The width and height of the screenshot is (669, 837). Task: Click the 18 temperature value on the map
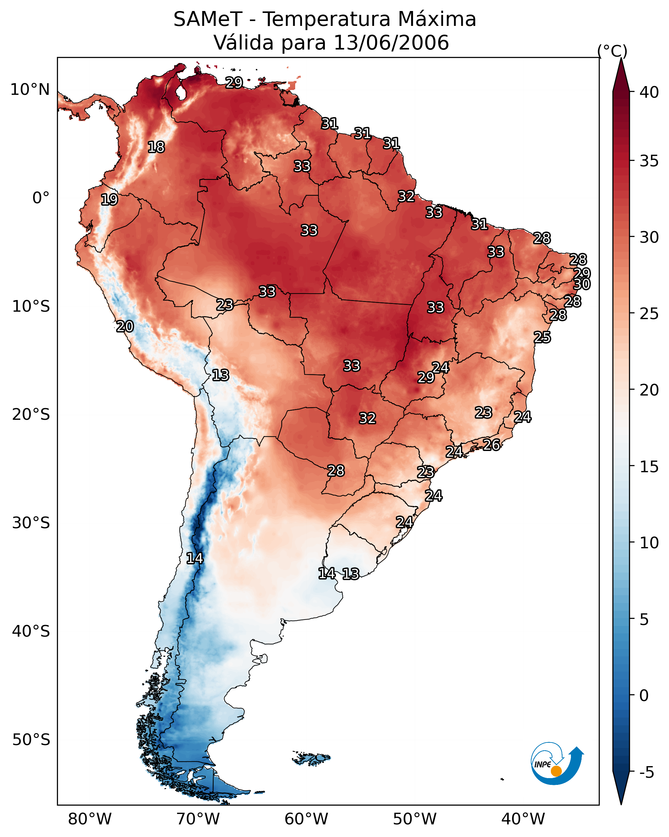coord(156,147)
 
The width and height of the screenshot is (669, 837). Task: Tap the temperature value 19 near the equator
coord(109,200)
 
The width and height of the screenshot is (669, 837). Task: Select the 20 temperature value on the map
coord(125,327)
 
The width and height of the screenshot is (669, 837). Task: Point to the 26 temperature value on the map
coord(492,445)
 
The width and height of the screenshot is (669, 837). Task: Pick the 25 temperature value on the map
coord(542,337)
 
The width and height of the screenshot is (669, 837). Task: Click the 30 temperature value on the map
coord(582,284)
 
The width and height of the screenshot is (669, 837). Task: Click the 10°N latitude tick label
coord(30,90)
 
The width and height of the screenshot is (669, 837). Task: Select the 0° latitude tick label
coord(41,198)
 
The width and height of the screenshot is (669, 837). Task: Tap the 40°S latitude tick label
coord(31,631)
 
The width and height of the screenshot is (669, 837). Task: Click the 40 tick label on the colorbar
coord(649,92)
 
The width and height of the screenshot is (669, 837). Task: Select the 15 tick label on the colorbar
coord(649,467)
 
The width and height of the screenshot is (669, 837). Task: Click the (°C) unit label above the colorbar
coord(612,51)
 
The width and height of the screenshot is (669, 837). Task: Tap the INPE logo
coord(556,764)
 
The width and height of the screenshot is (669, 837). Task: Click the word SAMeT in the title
coord(208,19)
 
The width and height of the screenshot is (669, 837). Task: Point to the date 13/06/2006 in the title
coord(391,43)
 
